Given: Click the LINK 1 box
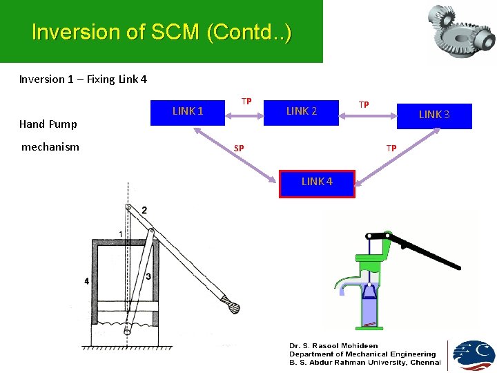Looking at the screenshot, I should (188, 111).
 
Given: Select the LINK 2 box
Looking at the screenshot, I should (302, 111).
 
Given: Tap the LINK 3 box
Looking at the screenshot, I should (434, 115).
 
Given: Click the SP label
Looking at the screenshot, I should (238, 149).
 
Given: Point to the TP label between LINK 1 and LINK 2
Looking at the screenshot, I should (246, 101).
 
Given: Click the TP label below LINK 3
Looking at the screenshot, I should (391, 149).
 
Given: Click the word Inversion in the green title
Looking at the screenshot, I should (65, 32).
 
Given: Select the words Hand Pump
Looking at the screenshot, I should (48, 124).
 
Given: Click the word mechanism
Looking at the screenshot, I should (50, 146).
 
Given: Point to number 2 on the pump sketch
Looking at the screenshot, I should (144, 210).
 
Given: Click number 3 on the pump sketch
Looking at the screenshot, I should (148, 276).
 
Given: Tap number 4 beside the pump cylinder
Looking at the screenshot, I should (86, 281).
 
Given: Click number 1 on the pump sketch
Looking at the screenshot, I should (121, 235).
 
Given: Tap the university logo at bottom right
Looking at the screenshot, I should (473, 355).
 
